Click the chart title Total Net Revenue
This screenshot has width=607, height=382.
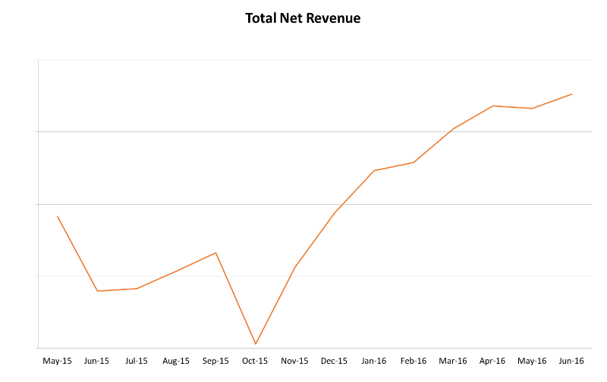coord(303,17)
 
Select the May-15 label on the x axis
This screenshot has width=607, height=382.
coord(58,361)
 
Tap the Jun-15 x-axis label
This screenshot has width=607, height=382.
coord(97,361)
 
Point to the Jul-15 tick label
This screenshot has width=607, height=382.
coord(137,361)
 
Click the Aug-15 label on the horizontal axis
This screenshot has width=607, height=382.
coord(176,361)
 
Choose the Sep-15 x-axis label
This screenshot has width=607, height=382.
coord(215,361)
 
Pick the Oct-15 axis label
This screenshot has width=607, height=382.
coord(255,361)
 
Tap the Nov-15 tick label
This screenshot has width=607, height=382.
coord(294,361)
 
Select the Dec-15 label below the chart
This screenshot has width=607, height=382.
coord(334,361)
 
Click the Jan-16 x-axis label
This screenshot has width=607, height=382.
coord(373,361)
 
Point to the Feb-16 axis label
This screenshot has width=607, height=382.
coord(414,361)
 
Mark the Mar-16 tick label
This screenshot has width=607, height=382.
coord(453,361)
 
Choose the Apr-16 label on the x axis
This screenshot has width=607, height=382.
coord(492,361)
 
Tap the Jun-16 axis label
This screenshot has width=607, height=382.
coord(571,361)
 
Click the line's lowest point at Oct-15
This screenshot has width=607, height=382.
coord(256,344)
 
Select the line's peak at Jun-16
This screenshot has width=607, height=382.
coord(571,94)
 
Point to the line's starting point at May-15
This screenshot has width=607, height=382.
coord(58,216)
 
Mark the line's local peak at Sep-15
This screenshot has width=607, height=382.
coord(216,253)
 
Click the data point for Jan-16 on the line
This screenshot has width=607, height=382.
coord(374,171)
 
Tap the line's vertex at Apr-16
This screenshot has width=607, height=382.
coord(492,106)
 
